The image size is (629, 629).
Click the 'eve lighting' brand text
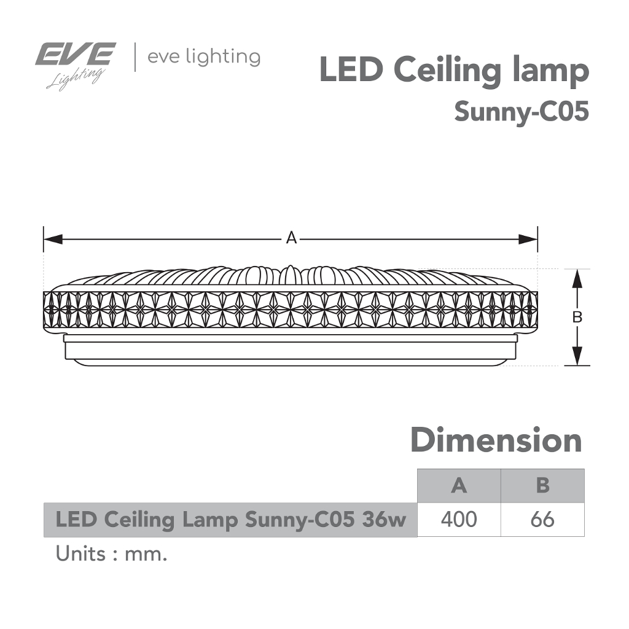pos(204,57)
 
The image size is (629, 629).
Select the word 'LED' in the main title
pos(351,70)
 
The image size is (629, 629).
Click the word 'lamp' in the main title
pos(551,72)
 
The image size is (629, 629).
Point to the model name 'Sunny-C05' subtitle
pos(522,112)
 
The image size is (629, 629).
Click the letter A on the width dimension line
pos(291,238)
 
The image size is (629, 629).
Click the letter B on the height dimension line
pos(577,318)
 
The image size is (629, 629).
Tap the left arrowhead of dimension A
pos(53,240)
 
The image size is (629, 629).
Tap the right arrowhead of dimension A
pos(528,240)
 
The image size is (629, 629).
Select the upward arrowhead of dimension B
pos(577,278)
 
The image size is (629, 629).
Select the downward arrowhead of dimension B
pos(577,356)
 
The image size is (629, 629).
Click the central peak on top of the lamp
pos(290,275)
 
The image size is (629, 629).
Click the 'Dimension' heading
pos(496,440)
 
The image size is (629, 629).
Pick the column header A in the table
pos(459,485)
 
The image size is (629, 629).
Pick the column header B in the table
pos(542,485)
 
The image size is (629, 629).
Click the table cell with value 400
pos(459,520)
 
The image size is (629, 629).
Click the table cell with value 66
pos(542,520)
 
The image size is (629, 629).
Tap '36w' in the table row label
pos(384,520)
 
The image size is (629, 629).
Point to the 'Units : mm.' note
pos(111,554)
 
